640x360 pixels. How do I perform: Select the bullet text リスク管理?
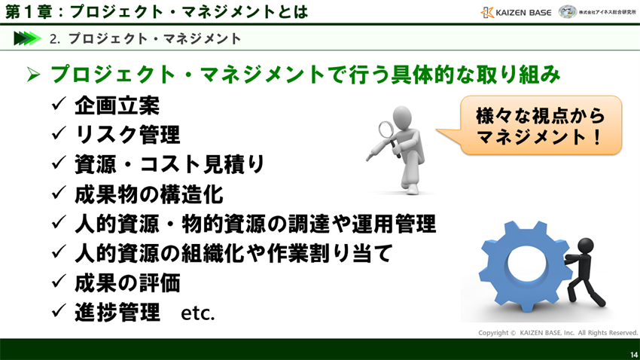point(127,135)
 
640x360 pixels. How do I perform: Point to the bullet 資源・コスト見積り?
point(169,164)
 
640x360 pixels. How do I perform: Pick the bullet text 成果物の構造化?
point(148,194)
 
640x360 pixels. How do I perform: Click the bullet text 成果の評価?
point(127,282)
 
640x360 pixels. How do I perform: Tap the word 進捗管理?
point(117,312)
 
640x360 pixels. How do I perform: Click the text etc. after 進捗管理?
point(198,313)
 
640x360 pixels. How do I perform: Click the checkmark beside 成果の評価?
point(59,282)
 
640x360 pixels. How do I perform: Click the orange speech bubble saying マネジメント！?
point(541,126)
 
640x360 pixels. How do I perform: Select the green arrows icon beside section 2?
point(27,38)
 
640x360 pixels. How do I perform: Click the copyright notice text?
point(557,332)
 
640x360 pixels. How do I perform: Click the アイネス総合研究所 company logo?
point(598,12)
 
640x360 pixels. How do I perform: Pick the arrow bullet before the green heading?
point(32,75)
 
